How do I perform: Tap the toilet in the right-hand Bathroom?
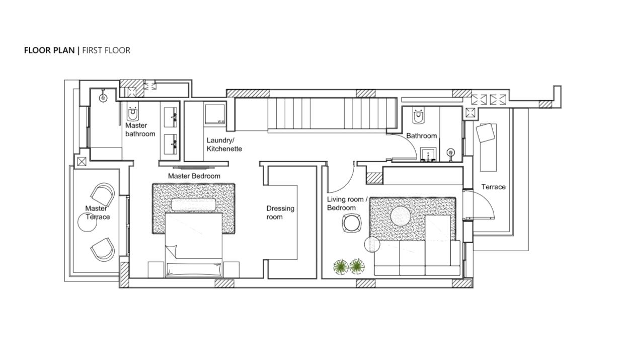(419, 115)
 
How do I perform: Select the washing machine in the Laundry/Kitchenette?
(215, 114)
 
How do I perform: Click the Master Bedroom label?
(194, 176)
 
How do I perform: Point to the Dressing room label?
(280, 212)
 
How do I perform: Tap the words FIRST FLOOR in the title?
(106, 50)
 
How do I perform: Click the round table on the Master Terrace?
(87, 222)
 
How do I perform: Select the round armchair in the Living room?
(352, 223)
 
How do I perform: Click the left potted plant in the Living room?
(341, 267)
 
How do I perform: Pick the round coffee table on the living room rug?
(401, 216)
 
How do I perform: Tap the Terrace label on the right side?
(493, 187)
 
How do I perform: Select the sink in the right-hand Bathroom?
(428, 155)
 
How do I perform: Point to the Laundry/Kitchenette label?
(224, 145)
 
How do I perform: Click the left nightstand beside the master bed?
(156, 270)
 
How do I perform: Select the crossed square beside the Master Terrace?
(82, 162)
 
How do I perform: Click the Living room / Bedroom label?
(347, 203)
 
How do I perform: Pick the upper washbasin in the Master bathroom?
(171, 117)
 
